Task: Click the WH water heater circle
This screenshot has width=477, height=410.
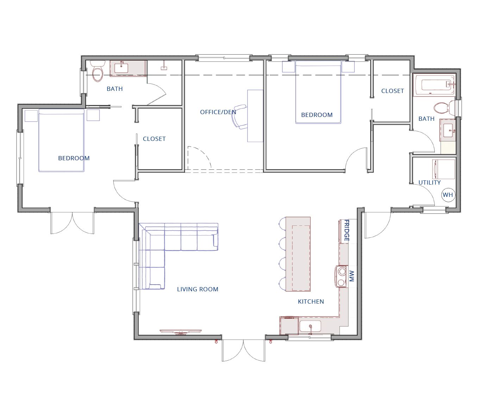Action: pos(448,195)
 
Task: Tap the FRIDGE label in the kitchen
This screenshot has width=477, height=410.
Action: pos(346,230)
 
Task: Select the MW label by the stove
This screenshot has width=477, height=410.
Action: pos(351,276)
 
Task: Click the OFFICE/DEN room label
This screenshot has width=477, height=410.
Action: pos(218,112)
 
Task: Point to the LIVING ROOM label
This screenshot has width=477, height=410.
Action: pos(197,289)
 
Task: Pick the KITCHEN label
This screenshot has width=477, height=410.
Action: pos(311,302)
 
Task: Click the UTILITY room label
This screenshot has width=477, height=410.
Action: pos(430,182)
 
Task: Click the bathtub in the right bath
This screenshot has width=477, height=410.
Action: pos(434,85)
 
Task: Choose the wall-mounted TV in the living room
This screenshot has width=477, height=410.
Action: pos(181,332)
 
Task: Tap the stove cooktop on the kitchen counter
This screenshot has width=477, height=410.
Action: pos(341,277)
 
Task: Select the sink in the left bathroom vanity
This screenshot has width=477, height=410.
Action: pos(121,68)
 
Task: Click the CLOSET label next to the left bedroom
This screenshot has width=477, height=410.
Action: pos(154,139)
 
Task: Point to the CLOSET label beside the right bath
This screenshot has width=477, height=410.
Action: pos(393,91)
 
